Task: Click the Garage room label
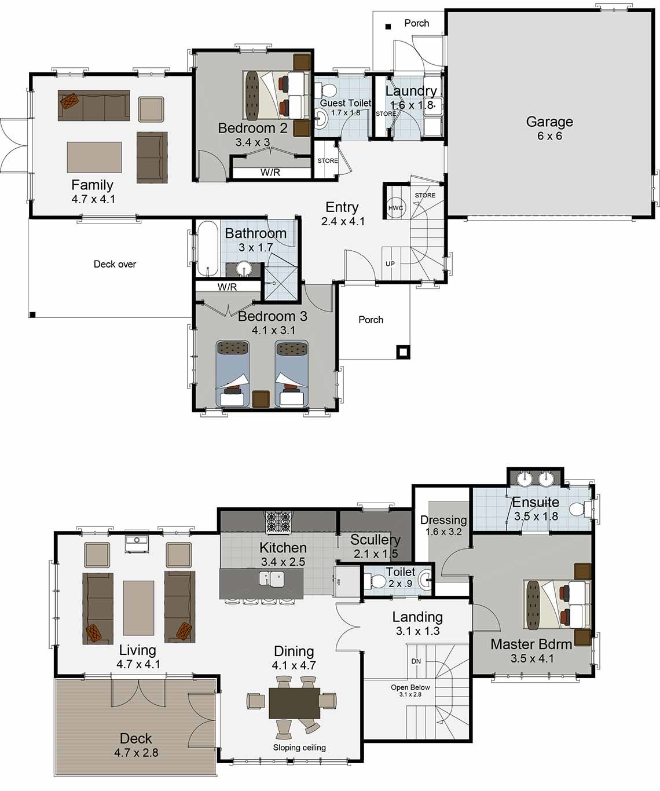[549, 128]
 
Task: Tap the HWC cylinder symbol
[395, 208]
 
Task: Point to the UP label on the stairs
[390, 263]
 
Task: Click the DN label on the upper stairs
[416, 661]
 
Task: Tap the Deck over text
[115, 264]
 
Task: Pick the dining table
[294, 702]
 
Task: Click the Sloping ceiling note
[299, 748]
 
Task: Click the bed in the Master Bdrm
[556, 604]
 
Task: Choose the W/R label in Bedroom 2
[270, 172]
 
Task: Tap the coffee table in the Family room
[94, 157]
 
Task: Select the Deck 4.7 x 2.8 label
[136, 745]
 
